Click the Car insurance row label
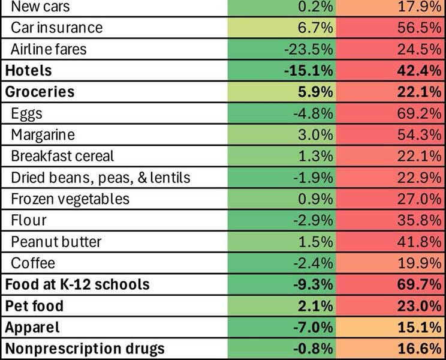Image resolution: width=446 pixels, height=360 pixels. [56, 28]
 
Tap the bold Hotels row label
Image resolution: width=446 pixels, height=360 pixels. [28, 70]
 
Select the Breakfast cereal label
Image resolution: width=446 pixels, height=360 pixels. [62, 156]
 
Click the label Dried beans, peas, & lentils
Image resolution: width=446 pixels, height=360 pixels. [100, 178]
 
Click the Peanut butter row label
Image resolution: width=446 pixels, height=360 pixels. [56, 242]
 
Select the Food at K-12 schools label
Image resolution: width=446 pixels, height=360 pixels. [77, 284]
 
